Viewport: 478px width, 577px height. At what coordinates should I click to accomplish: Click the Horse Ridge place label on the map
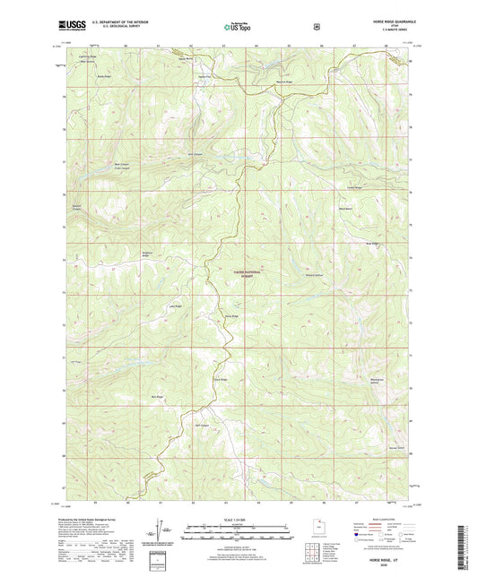click(231, 316)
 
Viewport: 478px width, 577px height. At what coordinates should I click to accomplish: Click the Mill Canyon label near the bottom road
click(203, 425)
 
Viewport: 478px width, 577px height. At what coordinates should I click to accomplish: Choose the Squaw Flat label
click(204, 76)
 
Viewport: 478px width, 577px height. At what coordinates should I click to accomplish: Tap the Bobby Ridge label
click(103, 76)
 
